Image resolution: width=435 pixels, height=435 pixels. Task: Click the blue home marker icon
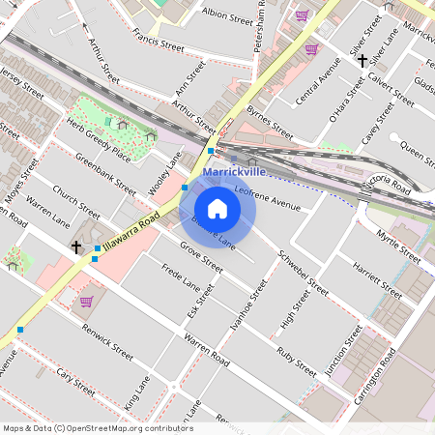[x=217, y=208]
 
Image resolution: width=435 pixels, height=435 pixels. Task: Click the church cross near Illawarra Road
[x=76, y=247]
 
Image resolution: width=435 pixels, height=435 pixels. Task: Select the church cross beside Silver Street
[x=362, y=61]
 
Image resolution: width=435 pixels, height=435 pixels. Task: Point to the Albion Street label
[x=227, y=15]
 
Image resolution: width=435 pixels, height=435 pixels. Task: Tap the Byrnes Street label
[x=270, y=124]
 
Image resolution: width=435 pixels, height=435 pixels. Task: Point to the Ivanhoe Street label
[x=248, y=305]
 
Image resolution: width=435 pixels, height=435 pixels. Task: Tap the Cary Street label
[x=74, y=381]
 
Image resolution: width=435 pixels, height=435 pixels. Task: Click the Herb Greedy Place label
[x=99, y=139]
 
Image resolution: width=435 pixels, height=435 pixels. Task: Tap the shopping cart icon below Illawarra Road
[x=87, y=302]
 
